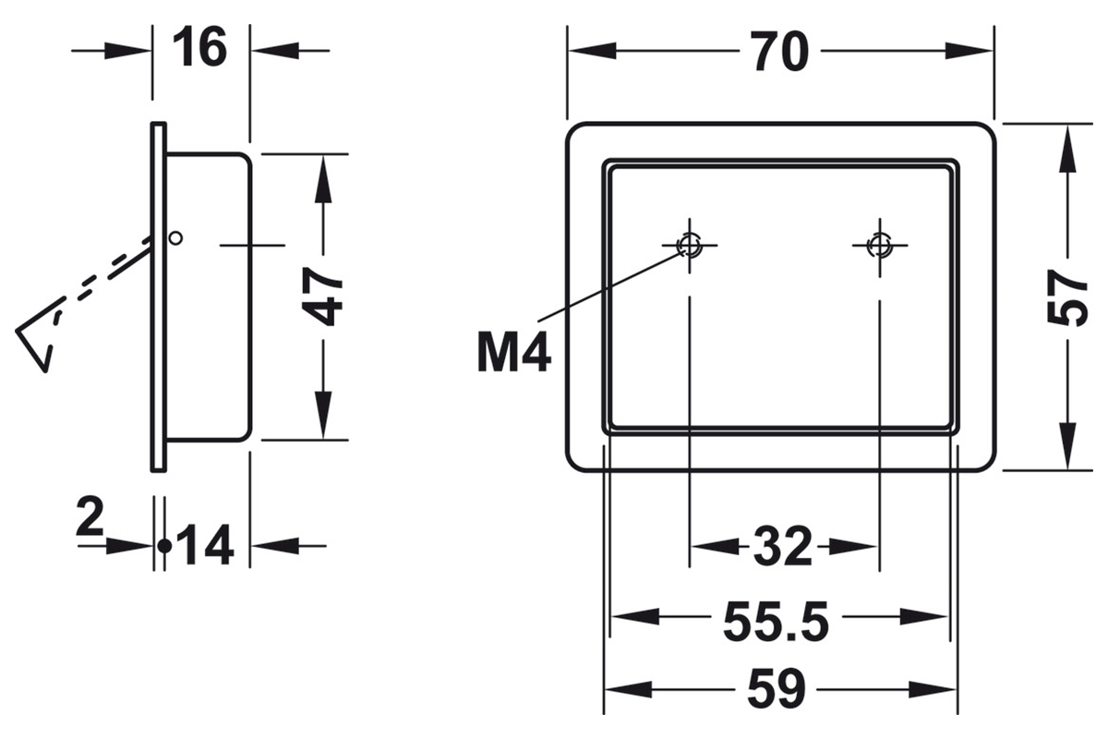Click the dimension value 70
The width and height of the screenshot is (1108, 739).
[x=780, y=51]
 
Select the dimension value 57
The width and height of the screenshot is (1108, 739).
[x=1068, y=297]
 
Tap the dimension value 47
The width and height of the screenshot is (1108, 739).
[x=322, y=297]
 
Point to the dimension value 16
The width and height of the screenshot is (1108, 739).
[x=200, y=47]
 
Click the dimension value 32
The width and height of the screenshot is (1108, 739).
[x=783, y=547]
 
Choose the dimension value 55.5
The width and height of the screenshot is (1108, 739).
[x=777, y=621]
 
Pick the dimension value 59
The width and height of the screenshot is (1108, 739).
[x=777, y=689]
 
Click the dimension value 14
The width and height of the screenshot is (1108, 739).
[x=204, y=545]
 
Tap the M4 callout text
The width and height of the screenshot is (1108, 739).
[x=514, y=352]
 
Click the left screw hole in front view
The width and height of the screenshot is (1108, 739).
[x=689, y=245]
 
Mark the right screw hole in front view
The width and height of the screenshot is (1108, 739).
[x=879, y=245]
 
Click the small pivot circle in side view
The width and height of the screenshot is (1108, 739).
[x=175, y=238]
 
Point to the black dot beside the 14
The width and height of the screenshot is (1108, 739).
[x=164, y=547]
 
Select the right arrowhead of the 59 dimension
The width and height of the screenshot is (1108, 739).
[x=933, y=689]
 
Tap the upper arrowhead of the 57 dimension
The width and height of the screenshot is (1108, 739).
[x=1068, y=150]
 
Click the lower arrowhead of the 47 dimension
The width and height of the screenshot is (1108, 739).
[x=323, y=414]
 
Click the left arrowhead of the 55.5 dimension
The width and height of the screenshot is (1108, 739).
[x=635, y=617]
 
